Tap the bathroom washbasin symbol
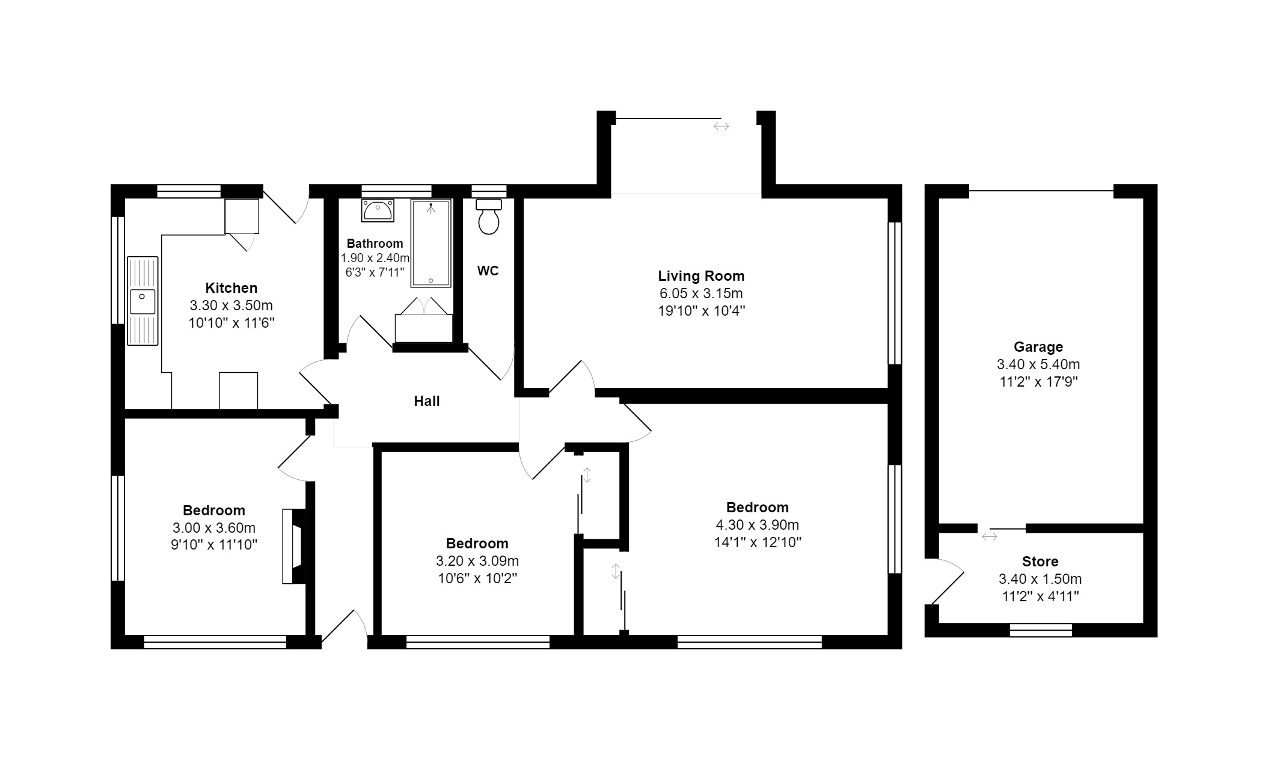pos(378,210)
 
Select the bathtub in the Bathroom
pos(431,244)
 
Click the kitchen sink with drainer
pos(142,301)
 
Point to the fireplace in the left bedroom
pos(294,546)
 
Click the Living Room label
pos(700,276)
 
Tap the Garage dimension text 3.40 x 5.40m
pos(1038,364)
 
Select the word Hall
pos(426,401)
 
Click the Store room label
pos(1040,562)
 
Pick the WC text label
pos(488,271)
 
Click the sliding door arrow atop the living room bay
pos(721,126)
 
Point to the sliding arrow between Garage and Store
pos(989,536)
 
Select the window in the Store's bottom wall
pos(1041,630)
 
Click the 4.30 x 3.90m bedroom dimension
pos(757,525)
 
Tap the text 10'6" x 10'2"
pos(477,578)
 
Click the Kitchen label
pos(231,288)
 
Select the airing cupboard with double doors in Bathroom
pos(424,322)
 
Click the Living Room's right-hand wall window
pos(895,293)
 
